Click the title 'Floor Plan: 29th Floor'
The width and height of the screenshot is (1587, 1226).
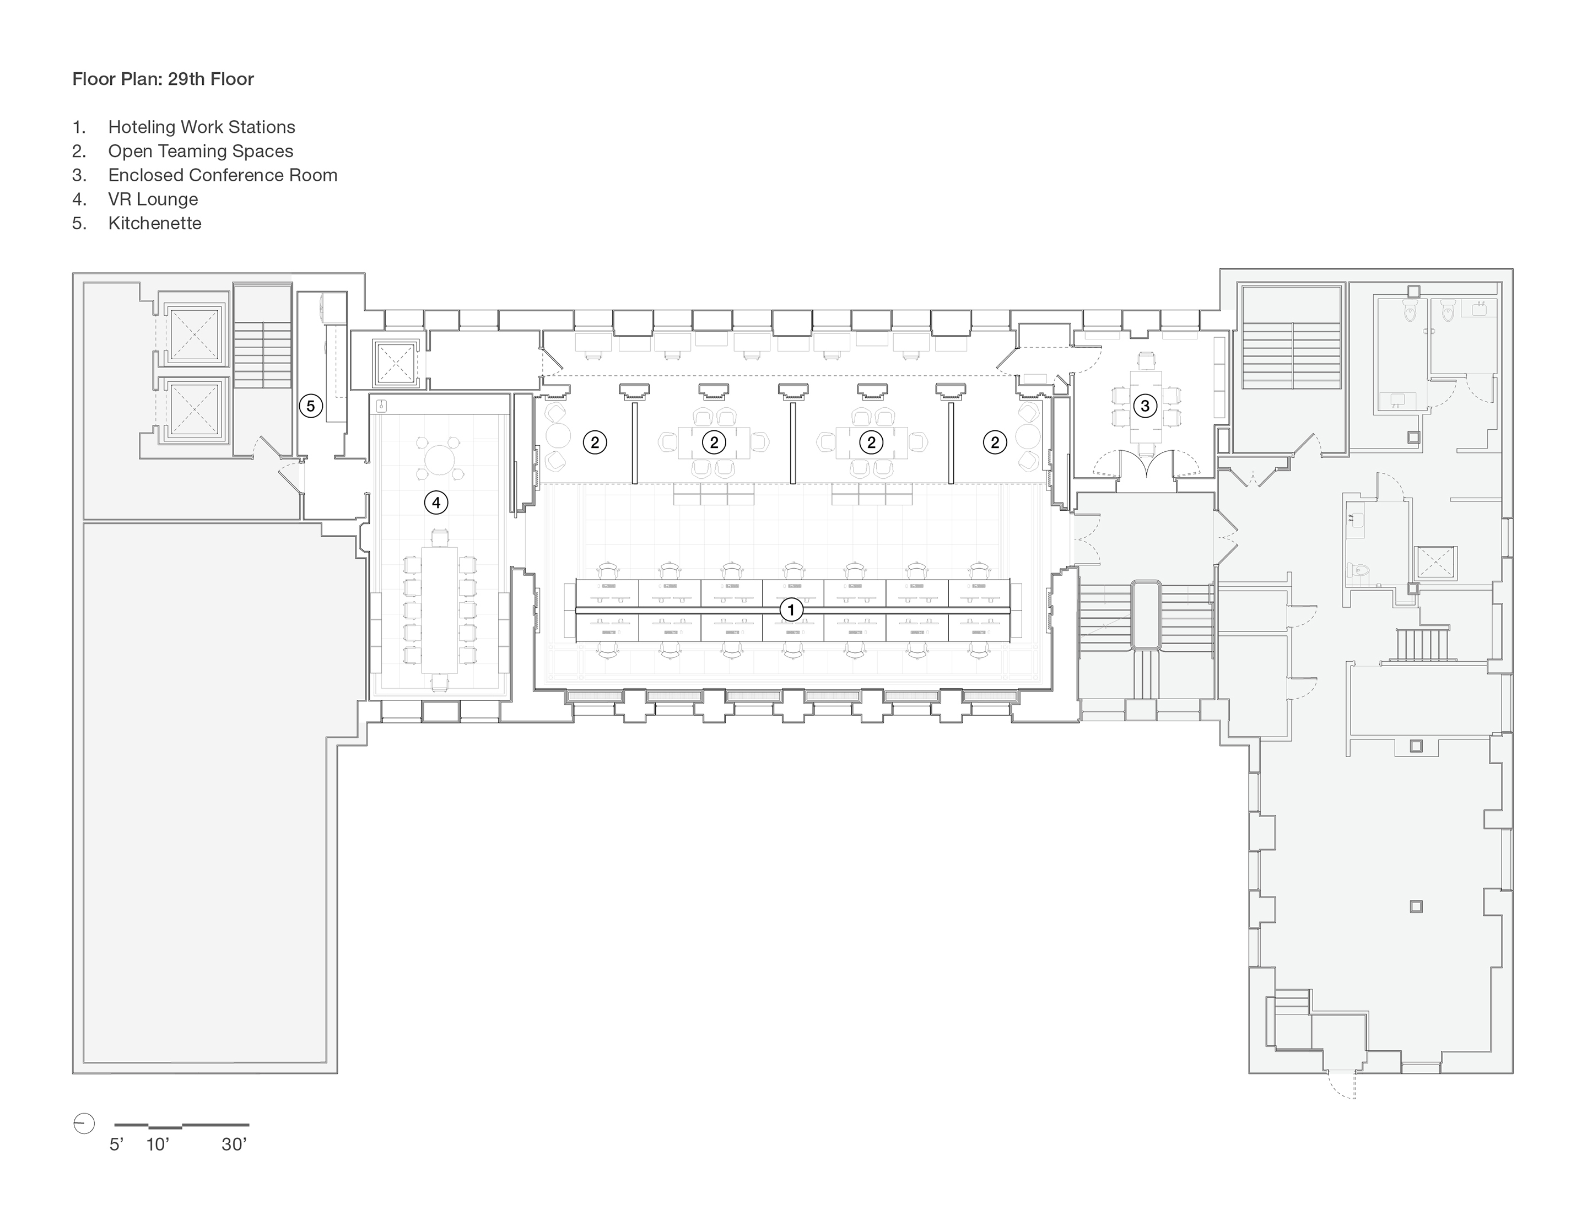click(163, 79)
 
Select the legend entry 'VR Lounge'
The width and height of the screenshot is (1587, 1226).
click(153, 199)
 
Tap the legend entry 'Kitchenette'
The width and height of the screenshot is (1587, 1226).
click(154, 223)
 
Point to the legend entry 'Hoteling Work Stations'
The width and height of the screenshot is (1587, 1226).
click(201, 127)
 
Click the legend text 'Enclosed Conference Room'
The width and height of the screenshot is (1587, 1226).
click(223, 175)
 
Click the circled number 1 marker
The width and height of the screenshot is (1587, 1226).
click(791, 610)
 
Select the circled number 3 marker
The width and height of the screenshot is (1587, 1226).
click(1145, 406)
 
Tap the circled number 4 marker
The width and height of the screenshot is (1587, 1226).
click(436, 502)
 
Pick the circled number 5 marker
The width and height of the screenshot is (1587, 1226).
click(310, 406)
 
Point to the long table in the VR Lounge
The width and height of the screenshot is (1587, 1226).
click(438, 609)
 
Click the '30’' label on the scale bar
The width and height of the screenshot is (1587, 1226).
click(234, 1144)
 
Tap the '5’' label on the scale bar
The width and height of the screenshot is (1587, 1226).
click(116, 1144)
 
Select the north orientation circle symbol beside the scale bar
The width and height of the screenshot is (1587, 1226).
click(84, 1124)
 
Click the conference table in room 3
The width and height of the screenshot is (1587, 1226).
click(1145, 406)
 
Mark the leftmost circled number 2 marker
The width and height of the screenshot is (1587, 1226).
click(595, 442)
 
